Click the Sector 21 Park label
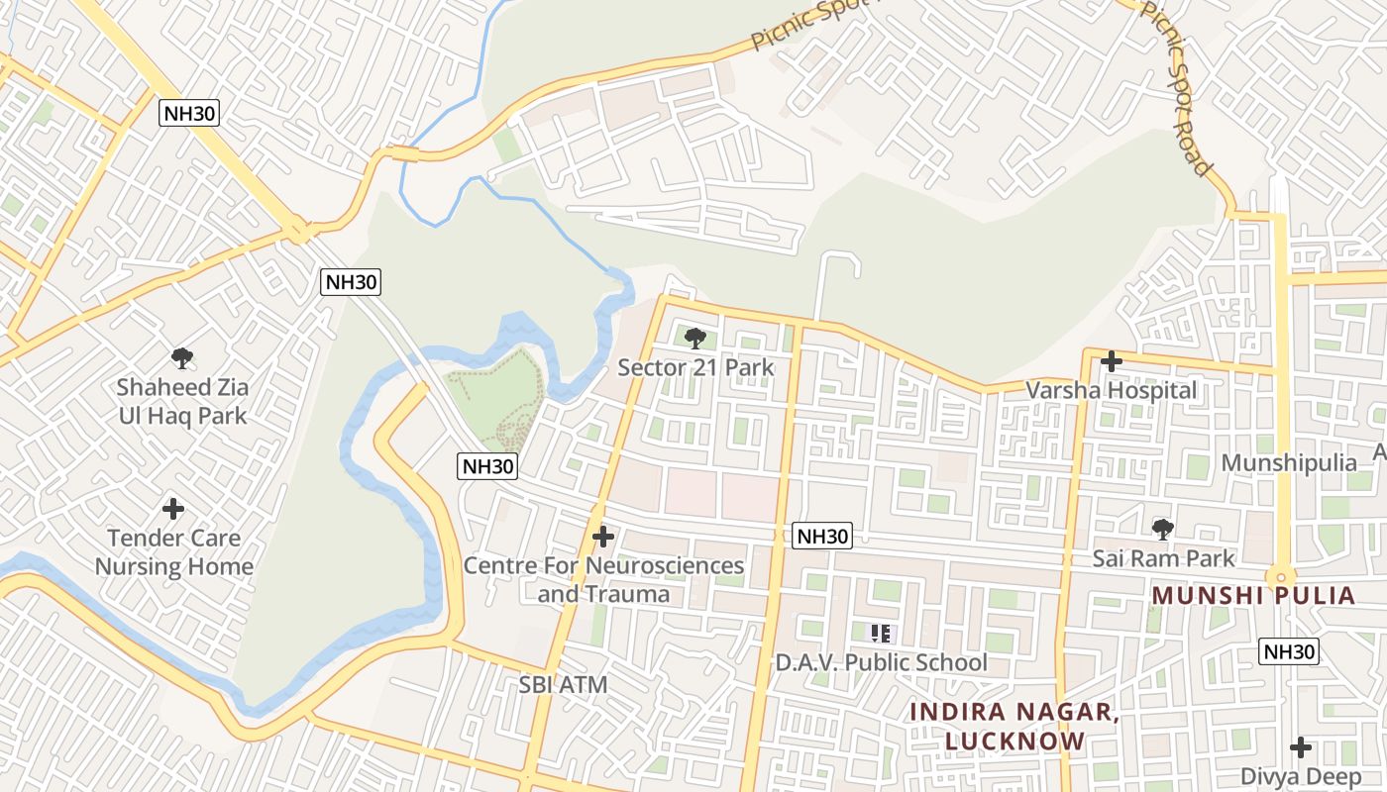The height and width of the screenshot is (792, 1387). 695,367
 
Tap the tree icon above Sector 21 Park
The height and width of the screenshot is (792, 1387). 695,339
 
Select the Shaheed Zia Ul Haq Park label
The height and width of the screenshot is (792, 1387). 182,401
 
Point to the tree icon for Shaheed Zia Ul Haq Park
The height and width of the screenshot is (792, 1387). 181,358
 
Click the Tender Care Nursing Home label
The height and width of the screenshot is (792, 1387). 173,552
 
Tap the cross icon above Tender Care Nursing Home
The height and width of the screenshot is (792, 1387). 173,509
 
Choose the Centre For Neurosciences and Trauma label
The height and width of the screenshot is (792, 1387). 603,579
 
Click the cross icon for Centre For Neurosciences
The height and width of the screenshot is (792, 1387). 602,537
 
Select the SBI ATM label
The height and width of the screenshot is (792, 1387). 563,684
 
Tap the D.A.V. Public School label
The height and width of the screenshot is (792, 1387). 881,662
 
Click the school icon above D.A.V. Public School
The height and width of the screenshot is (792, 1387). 881,633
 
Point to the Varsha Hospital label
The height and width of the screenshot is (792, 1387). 1111,390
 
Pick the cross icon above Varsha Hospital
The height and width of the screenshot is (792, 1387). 1112,361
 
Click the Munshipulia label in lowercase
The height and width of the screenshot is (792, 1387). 1288,462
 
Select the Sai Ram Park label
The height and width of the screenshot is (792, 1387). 1163,558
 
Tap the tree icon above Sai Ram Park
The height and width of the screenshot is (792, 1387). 1163,530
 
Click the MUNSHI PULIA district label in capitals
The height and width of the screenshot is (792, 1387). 1253,596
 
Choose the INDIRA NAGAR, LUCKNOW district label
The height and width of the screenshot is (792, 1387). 1014,726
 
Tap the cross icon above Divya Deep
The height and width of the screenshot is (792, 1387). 1301,747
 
